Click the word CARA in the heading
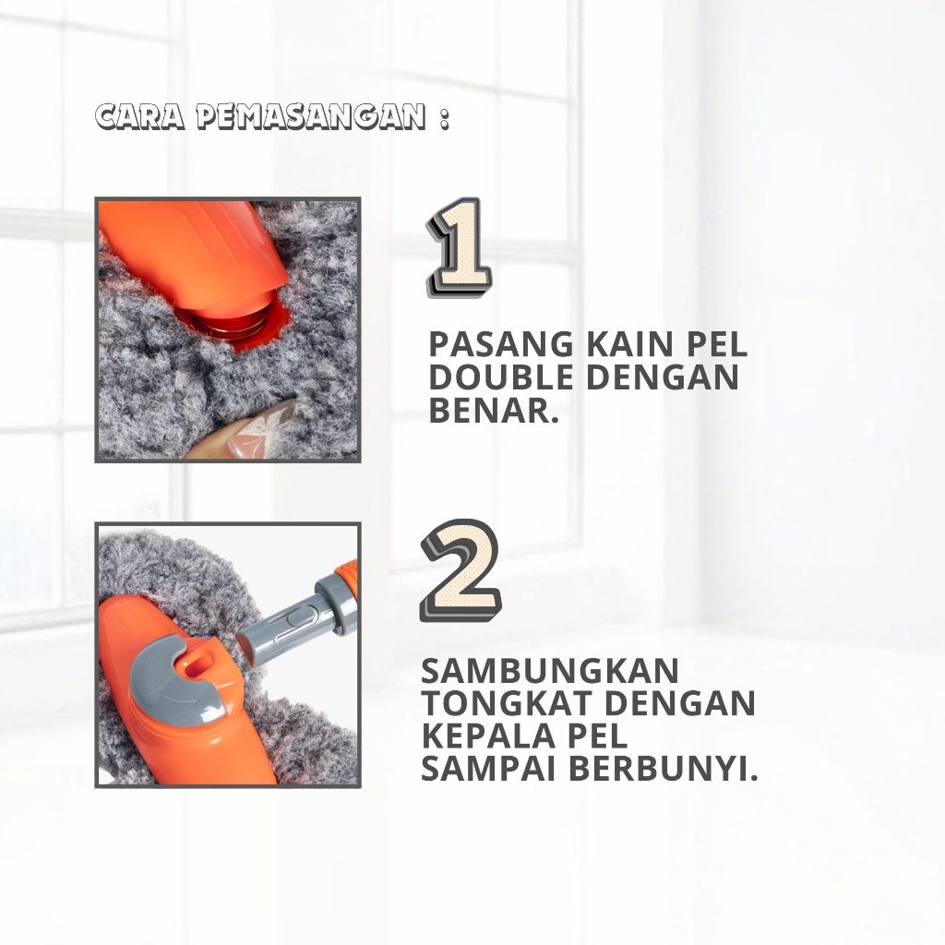[140, 117]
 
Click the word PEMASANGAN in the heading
[311, 117]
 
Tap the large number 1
[459, 247]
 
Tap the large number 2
[461, 570]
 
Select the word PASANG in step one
[501, 345]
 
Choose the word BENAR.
[494, 411]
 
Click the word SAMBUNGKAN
[550, 671]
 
